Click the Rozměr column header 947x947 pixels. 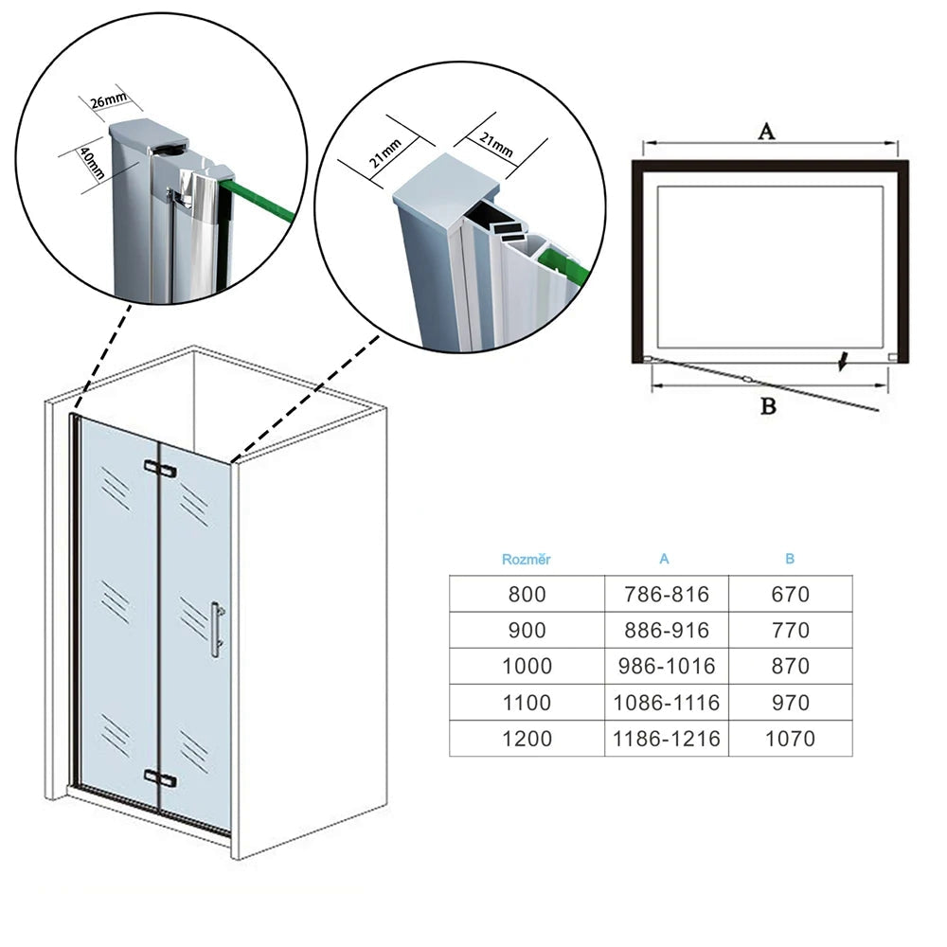(526, 559)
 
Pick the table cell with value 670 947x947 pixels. (790, 594)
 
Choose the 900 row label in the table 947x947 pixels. (527, 630)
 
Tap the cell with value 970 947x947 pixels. (790, 703)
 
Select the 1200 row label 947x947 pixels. (527, 738)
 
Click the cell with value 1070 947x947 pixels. (790, 738)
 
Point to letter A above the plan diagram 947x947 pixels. (767, 132)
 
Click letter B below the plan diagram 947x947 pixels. (769, 406)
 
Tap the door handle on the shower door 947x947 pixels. (216, 628)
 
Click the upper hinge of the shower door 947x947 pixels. (160, 469)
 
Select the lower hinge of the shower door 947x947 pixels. (160, 778)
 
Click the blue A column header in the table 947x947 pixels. (664, 559)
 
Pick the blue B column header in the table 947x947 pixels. (790, 559)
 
